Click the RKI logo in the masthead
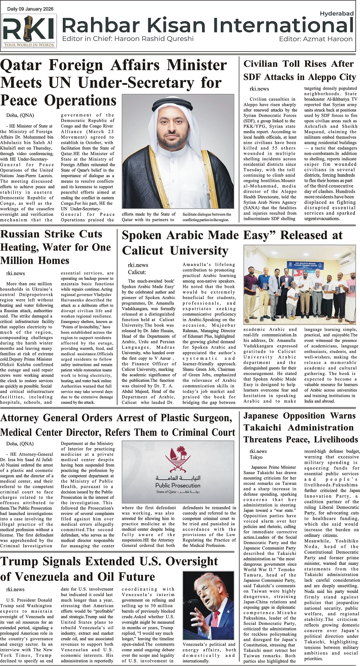(29, 31)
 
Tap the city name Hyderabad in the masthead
(336, 14)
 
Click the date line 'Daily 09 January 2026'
(30, 9)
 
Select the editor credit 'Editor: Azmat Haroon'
(316, 39)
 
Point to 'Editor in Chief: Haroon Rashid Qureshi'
(128, 39)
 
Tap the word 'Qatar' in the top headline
(21, 65)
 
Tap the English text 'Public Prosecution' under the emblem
(178, 485)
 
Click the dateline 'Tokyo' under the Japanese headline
(256, 457)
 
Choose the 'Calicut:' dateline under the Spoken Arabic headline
(137, 272)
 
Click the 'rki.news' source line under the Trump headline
(15, 589)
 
